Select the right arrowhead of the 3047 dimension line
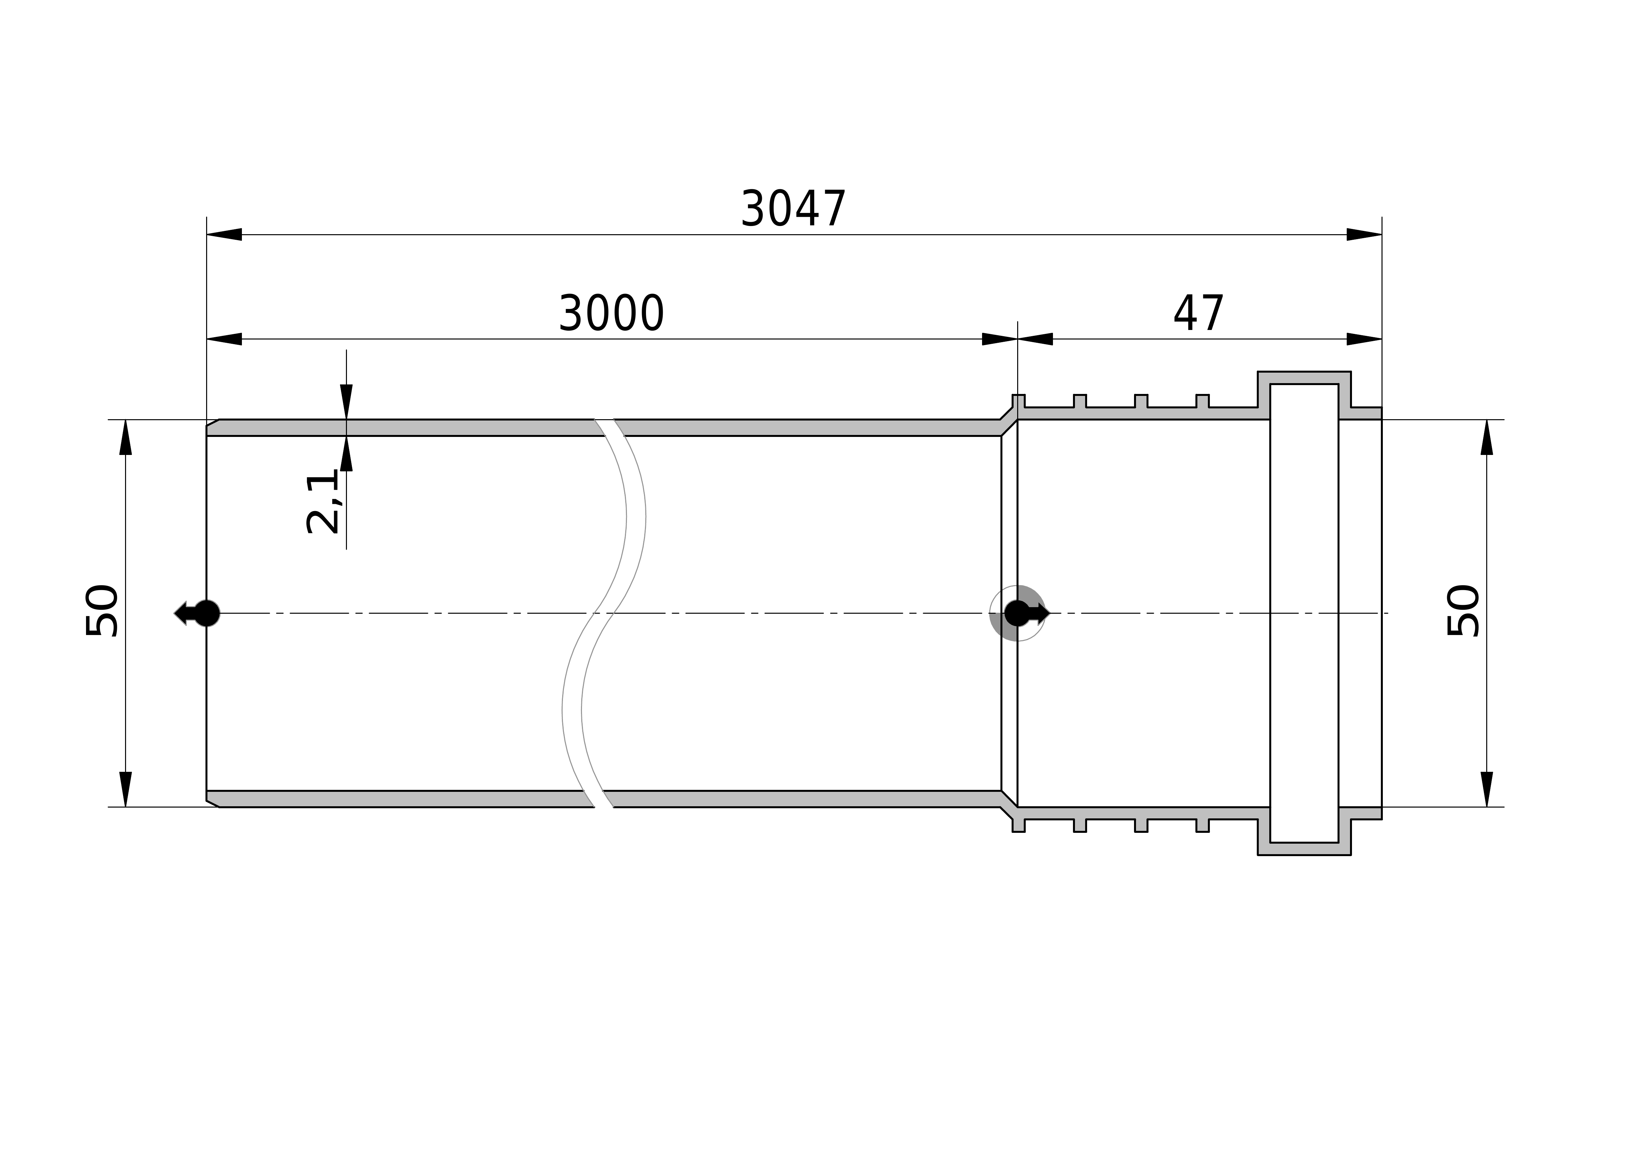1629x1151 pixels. [1364, 235]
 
